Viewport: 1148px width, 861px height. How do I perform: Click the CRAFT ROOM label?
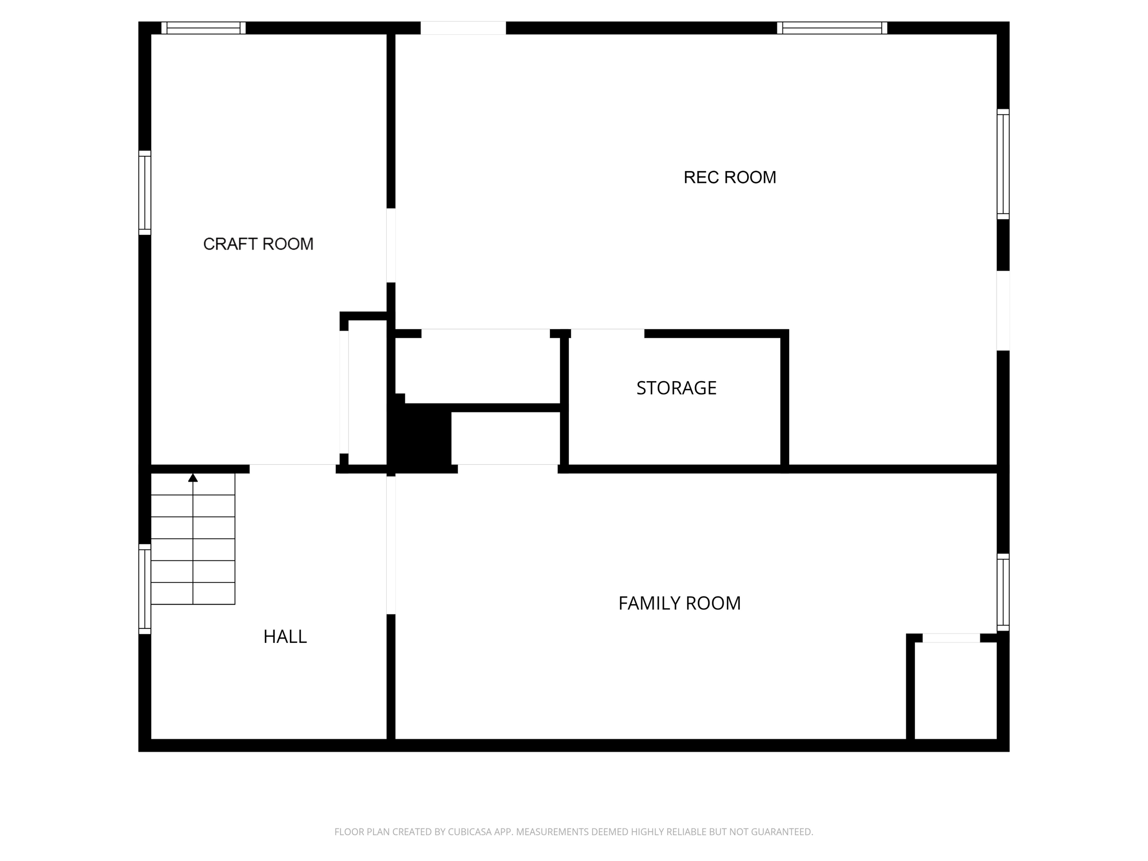(258, 244)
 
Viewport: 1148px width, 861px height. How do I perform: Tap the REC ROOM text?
(729, 177)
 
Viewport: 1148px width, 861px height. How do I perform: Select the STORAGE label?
(676, 388)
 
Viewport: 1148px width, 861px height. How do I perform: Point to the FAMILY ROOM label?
(679, 603)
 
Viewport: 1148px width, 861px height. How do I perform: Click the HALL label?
(285, 637)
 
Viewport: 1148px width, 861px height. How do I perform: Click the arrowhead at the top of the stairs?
(193, 478)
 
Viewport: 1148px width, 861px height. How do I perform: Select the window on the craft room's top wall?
(203, 28)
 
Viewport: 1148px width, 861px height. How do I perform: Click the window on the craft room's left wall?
(145, 193)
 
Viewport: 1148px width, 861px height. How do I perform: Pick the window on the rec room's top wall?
(832, 28)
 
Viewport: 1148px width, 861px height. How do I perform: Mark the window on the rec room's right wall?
(1003, 164)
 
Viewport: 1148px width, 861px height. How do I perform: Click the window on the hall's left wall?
(145, 589)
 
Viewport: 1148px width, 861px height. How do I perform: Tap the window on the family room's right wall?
(1003, 592)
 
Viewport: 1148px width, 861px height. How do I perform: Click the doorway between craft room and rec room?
(391, 246)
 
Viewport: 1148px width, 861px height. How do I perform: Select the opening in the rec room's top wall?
(463, 28)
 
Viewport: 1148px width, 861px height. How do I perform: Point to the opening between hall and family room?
(391, 545)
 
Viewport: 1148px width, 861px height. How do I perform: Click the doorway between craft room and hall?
(293, 469)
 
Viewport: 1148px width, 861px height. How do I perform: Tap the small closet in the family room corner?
(955, 691)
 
